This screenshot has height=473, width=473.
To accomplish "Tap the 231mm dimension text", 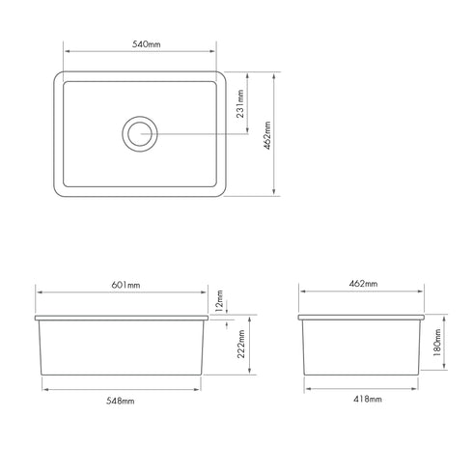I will coord(241,99).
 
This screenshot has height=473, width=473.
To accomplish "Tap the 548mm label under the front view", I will coord(122,399).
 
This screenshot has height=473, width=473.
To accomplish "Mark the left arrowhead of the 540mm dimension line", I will coord(66,54).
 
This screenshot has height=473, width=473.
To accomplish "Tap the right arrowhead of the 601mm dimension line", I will coord(206,293).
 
